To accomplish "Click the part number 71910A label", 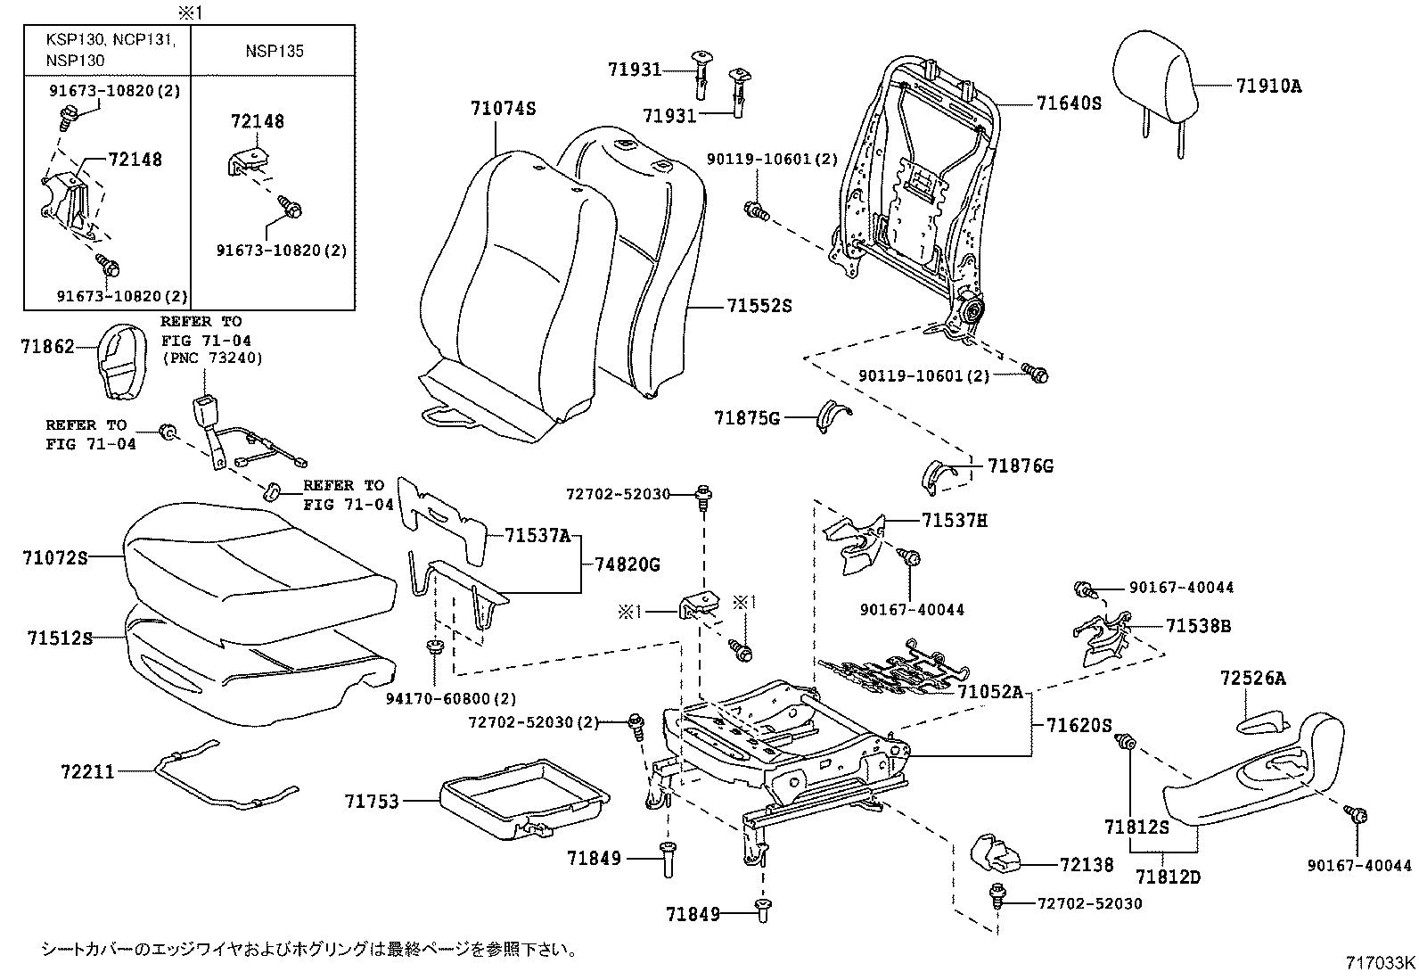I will pyautogui.click(x=1268, y=86).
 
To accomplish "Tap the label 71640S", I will pyautogui.click(x=1069, y=103).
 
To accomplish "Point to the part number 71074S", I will pyautogui.click(x=503, y=109).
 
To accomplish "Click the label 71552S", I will pyautogui.click(x=759, y=306).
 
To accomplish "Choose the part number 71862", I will pyautogui.click(x=47, y=347).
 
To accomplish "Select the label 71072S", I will pyautogui.click(x=55, y=559).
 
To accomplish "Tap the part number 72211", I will pyautogui.click(x=88, y=771).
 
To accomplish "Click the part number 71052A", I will pyautogui.click(x=990, y=692).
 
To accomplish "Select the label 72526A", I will pyautogui.click(x=1253, y=679).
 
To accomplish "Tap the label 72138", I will pyautogui.click(x=1087, y=865).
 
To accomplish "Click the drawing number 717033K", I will pyautogui.click(x=1380, y=963).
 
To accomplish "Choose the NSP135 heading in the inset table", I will pyautogui.click(x=275, y=51).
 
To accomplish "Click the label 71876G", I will pyautogui.click(x=1021, y=466).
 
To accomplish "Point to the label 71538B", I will pyautogui.click(x=1198, y=626).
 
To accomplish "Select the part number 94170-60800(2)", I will pyautogui.click(x=463, y=699).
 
